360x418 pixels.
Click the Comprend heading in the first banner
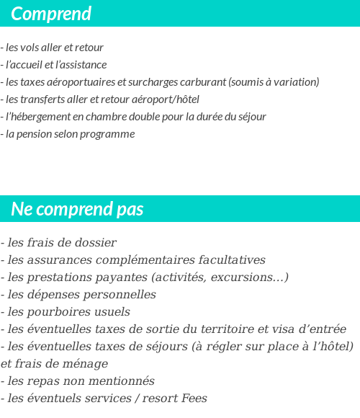(51, 14)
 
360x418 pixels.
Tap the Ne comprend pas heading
(77, 209)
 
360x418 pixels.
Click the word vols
(34, 48)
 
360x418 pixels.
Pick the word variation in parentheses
(294, 82)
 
